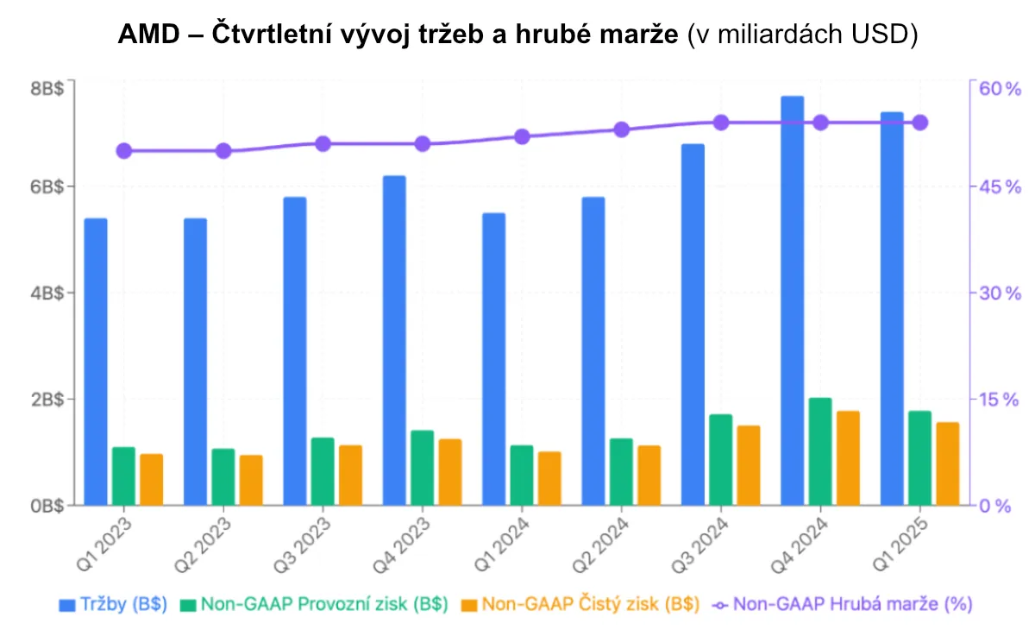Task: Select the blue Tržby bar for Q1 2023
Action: point(96,362)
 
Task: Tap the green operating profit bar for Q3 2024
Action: point(721,460)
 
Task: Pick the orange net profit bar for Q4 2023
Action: point(450,472)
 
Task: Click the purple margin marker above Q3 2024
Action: point(721,123)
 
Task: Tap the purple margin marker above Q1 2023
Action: point(124,151)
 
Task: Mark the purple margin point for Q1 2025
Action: point(919,123)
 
